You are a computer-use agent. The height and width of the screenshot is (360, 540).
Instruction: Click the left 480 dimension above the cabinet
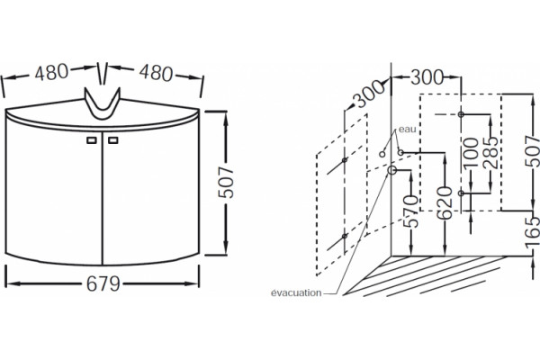[51, 72]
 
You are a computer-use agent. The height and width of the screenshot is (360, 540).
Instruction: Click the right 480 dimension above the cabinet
[156, 73]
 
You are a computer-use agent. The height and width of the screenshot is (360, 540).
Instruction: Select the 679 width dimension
[103, 283]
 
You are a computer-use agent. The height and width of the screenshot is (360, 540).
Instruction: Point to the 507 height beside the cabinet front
[226, 183]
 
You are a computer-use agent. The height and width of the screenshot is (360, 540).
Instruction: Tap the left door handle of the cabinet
[91, 140]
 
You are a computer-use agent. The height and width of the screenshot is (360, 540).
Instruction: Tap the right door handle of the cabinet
[113, 140]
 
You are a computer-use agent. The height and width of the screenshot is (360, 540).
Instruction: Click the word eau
[408, 130]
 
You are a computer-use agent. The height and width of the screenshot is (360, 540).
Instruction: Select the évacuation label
[296, 293]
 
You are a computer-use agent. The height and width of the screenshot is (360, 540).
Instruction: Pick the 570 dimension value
[411, 211]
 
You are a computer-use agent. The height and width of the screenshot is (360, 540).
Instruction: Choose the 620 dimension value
[445, 203]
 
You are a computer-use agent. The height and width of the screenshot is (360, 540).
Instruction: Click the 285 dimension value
[490, 153]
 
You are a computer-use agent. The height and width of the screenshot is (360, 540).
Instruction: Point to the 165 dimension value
[533, 232]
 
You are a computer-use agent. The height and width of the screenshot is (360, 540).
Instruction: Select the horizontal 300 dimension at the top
[427, 77]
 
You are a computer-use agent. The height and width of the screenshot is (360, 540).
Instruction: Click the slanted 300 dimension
[369, 94]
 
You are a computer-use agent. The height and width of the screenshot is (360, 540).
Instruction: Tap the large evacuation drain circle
[391, 170]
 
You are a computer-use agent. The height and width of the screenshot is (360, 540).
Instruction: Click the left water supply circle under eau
[382, 154]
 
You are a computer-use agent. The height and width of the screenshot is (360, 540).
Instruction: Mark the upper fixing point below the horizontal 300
[461, 114]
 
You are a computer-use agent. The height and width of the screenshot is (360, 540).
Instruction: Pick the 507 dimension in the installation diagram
[533, 151]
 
